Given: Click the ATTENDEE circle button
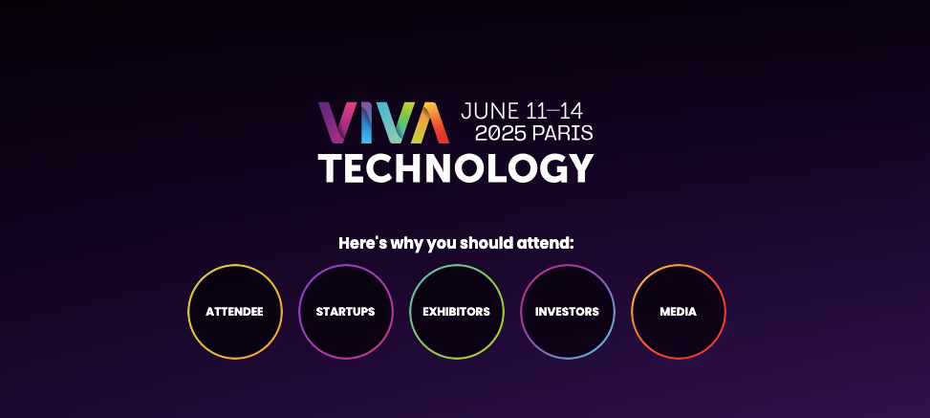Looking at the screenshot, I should (234, 312).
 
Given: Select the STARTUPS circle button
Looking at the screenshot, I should (345, 312).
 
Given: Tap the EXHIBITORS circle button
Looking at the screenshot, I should (456, 312).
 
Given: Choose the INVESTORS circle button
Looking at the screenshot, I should (567, 312).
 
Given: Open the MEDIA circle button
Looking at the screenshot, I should (678, 312).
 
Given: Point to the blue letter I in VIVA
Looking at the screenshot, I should (368, 122).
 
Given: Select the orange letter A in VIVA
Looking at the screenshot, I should (428, 122).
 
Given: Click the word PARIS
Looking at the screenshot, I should (563, 133).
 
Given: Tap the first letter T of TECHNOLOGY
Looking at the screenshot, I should (334, 169).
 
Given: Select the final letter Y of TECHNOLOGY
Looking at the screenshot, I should (577, 169).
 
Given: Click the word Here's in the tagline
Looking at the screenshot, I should (362, 243).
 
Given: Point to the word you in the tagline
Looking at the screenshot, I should (442, 244).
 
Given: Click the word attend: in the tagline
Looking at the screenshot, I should (546, 243).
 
